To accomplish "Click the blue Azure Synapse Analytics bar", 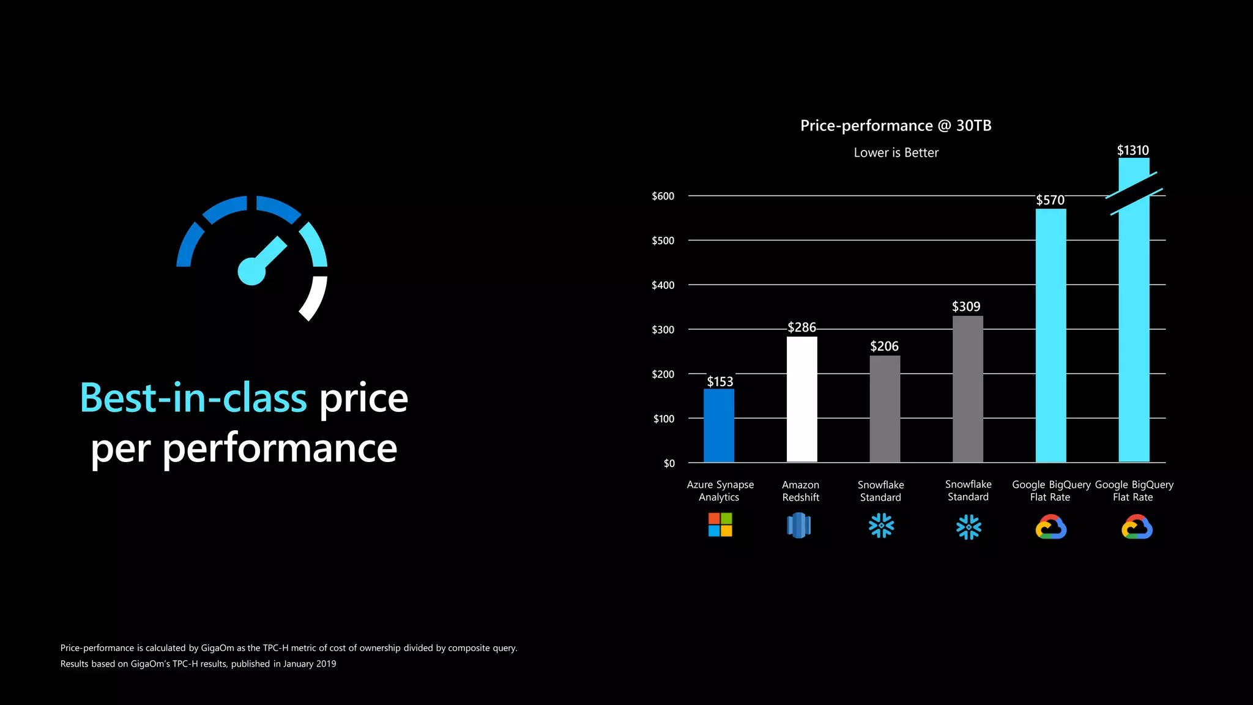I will [719, 425].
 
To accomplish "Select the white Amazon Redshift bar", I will [801, 399].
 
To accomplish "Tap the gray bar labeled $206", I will [885, 409].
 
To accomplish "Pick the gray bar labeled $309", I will [968, 389].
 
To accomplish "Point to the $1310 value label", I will [1132, 151].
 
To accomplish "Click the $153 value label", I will [719, 382].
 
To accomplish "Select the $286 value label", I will [801, 327].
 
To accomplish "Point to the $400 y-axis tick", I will [663, 285].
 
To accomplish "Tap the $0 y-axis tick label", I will [669, 463].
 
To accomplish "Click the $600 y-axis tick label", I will [663, 196].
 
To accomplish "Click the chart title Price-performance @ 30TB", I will [896, 125].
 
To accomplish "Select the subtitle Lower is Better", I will [896, 152].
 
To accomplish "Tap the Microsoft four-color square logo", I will [720, 525].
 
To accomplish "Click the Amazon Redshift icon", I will [798, 526].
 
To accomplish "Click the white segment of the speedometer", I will [314, 298].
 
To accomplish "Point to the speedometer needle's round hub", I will [251, 272].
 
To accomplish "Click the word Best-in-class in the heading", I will [193, 398].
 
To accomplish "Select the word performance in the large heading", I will [280, 449].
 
